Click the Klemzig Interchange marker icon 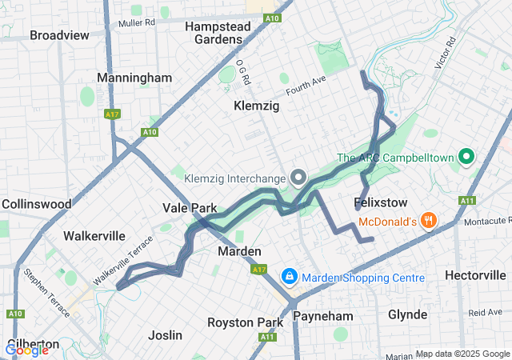pos(298,177)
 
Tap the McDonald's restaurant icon pos(430,220)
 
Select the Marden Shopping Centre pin pos(289,278)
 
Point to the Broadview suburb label pos(59,35)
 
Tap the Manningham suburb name pos(134,78)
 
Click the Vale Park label pos(190,208)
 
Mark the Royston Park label pos(246,322)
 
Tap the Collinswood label pos(37,204)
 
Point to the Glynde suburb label pos(407,314)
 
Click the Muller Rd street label pos(134,23)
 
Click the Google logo pos(27,349)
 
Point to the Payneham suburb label pos(322,316)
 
